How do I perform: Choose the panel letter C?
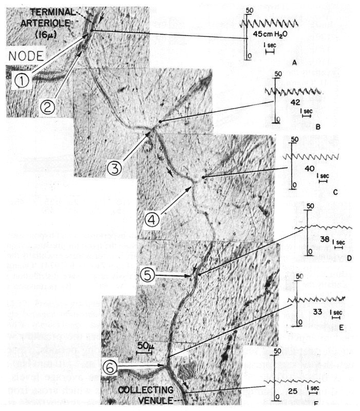[x=334, y=192]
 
